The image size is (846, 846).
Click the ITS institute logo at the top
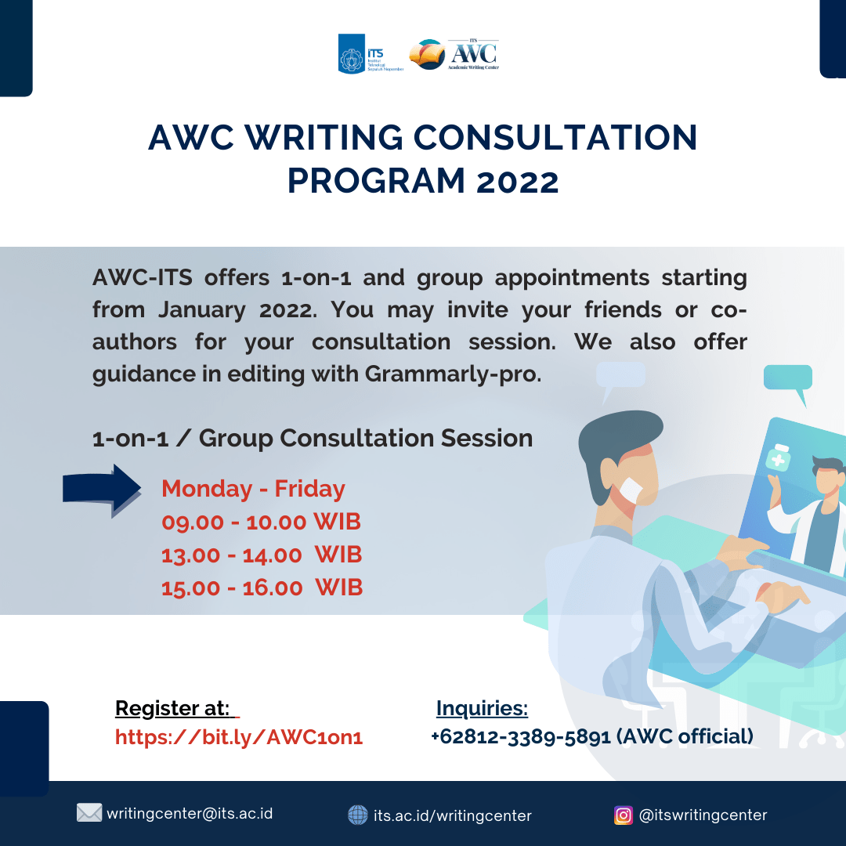[x=370, y=53]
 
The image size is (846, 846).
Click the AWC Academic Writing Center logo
[x=454, y=53]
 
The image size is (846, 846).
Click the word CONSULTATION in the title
[x=555, y=139]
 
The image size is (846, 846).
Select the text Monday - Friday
[x=253, y=489]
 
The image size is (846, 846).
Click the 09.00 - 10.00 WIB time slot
[x=261, y=522]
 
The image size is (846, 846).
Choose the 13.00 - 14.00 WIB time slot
[x=261, y=555]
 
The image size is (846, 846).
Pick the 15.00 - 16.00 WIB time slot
[x=261, y=587]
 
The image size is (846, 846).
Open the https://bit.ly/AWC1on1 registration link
[x=239, y=737]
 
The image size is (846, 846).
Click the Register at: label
[x=173, y=709]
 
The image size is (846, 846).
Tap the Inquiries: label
[x=482, y=709]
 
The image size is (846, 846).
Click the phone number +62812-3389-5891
[x=520, y=737]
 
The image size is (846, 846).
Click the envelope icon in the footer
[x=89, y=813]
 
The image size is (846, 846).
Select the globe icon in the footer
[x=357, y=815]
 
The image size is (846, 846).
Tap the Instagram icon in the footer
[x=623, y=815]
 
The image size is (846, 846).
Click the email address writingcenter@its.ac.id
[x=190, y=813]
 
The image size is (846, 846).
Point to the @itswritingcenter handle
[x=703, y=815]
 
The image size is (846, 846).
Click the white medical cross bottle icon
[x=778, y=457]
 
